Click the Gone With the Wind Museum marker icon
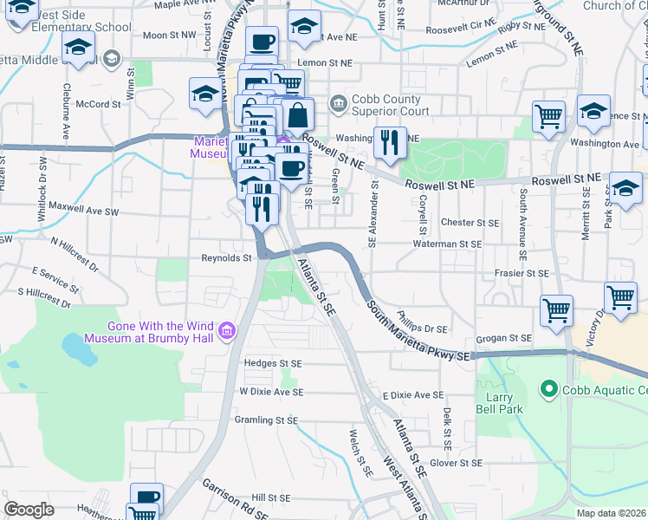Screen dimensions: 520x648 coord(228,330)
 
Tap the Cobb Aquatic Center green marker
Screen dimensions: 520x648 coord(548,389)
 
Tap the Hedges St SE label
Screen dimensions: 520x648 coord(273,364)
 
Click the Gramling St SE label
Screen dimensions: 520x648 coord(266,419)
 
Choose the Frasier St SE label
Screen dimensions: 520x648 coord(517,273)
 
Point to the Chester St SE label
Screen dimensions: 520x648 coord(470,223)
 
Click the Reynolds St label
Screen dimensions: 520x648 coord(226,257)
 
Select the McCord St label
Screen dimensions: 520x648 coord(98,104)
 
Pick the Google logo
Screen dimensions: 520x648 coord(29,510)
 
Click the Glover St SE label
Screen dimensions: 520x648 coord(455,464)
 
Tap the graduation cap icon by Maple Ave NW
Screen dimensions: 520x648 coord(23,9)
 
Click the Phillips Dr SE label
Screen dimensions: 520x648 coord(421,322)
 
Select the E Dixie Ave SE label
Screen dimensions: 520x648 coord(412,394)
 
